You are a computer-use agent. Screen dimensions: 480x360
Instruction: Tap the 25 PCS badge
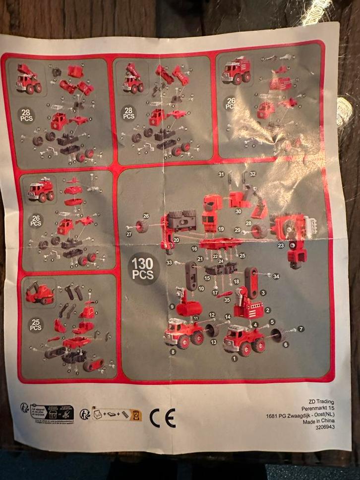(36, 324)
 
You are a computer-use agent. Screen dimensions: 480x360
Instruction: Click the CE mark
(163, 418)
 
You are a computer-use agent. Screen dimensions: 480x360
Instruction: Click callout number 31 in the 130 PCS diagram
(221, 174)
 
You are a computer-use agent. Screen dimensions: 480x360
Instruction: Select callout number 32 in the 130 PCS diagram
(252, 174)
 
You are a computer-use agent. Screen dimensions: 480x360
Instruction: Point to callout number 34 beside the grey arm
(276, 276)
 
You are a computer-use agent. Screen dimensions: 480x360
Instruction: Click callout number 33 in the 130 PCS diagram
(170, 262)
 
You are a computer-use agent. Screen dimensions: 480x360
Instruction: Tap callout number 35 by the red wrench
(227, 300)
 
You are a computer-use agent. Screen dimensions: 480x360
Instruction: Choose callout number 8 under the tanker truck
(173, 351)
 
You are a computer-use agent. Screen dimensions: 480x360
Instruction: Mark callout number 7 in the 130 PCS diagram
(300, 329)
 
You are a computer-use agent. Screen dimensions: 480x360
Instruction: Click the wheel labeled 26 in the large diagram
(143, 227)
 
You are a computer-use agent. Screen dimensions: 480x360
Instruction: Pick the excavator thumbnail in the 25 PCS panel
(39, 293)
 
